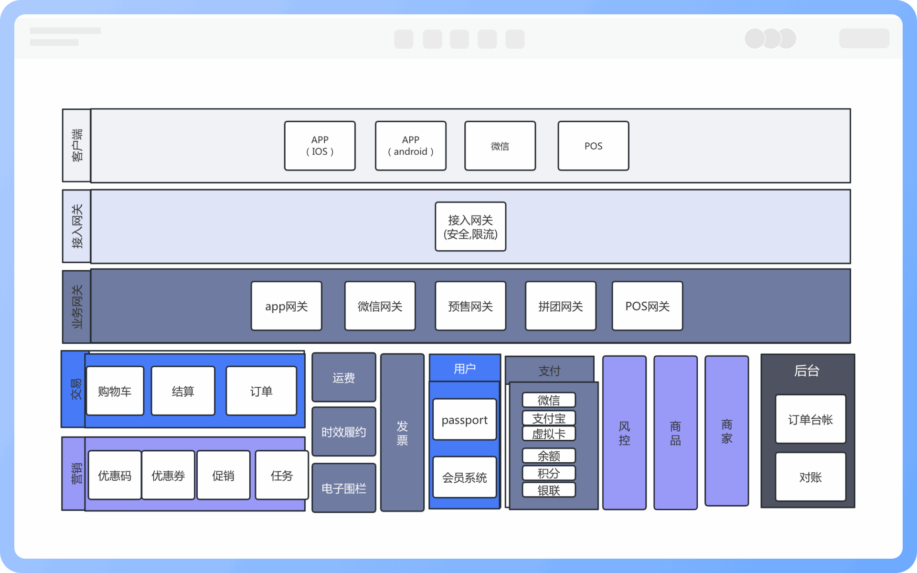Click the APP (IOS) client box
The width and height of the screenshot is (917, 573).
pyautogui.click(x=320, y=146)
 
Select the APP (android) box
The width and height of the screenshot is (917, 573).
pyautogui.click(x=410, y=146)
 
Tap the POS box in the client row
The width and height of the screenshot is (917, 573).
pyautogui.click(x=593, y=146)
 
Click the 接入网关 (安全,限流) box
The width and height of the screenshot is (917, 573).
pyautogui.click(x=470, y=227)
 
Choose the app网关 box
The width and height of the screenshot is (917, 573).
pyautogui.click(x=286, y=306)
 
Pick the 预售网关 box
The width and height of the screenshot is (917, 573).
pyautogui.click(x=470, y=306)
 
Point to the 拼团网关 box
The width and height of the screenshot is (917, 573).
pyautogui.click(x=560, y=306)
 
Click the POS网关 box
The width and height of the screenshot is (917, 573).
pyautogui.click(x=647, y=306)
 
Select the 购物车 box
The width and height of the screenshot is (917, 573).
pyautogui.click(x=115, y=391)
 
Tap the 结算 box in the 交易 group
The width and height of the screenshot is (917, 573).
pyautogui.click(x=183, y=391)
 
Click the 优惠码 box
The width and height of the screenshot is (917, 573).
pyautogui.click(x=115, y=475)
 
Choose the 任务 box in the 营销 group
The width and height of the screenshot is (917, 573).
pyautogui.click(x=281, y=475)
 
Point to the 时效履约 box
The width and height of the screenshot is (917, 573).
pyautogui.click(x=343, y=432)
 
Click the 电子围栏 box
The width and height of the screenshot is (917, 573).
pyautogui.click(x=343, y=488)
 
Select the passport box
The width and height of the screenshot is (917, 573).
pyautogui.click(x=464, y=420)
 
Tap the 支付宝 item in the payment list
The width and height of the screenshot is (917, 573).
pyautogui.click(x=549, y=418)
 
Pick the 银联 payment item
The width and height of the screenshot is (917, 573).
pyautogui.click(x=549, y=490)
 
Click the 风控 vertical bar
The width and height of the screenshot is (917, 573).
pyautogui.click(x=624, y=433)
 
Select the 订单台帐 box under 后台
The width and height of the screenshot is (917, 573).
pyautogui.click(x=810, y=419)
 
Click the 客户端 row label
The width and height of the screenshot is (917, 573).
pyautogui.click(x=76, y=145)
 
